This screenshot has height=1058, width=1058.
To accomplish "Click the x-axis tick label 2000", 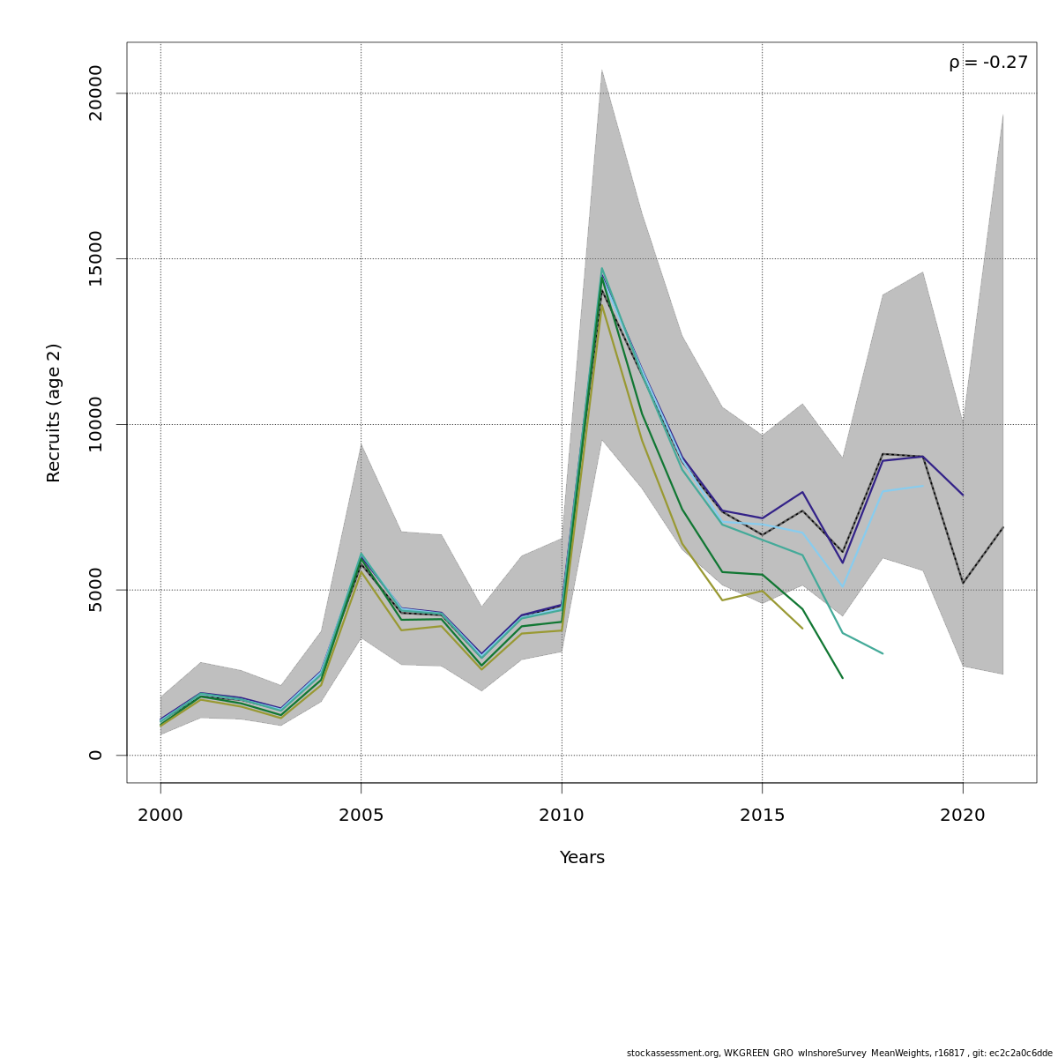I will pyautogui.click(x=160, y=816).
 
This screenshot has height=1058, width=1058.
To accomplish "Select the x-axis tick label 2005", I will pyautogui.click(x=361, y=816).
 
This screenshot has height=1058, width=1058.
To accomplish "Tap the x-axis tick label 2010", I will pyautogui.click(x=562, y=816).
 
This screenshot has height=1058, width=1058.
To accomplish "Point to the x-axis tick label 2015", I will pyautogui.click(x=762, y=816).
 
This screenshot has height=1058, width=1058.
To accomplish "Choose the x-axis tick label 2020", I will pyautogui.click(x=963, y=816).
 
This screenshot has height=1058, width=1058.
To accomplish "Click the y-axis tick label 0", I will pyautogui.click(x=96, y=755).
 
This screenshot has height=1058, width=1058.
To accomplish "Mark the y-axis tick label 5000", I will pyautogui.click(x=96, y=589).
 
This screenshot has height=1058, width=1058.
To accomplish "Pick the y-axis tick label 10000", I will pyautogui.click(x=96, y=424).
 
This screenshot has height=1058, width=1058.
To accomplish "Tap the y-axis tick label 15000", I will pyautogui.click(x=96, y=258).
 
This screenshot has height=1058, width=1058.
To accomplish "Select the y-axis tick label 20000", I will pyautogui.click(x=96, y=93).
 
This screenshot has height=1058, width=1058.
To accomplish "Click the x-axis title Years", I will pyautogui.click(x=582, y=858).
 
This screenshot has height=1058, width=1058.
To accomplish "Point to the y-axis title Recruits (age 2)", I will pyautogui.click(x=54, y=413).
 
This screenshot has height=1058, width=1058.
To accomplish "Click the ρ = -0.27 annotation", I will pyautogui.click(x=988, y=63).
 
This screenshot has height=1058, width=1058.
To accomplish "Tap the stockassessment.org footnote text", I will pyautogui.click(x=838, y=1053).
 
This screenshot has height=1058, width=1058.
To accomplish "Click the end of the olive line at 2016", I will pyautogui.click(x=802, y=628).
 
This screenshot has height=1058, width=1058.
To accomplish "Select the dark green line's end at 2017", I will pyautogui.click(x=843, y=678).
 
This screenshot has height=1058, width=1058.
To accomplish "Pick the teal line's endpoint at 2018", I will pyautogui.click(x=883, y=653).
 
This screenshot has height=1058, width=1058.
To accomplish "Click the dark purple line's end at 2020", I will pyautogui.click(x=963, y=495).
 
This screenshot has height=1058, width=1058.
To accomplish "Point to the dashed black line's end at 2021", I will pyautogui.click(x=1002, y=527).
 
